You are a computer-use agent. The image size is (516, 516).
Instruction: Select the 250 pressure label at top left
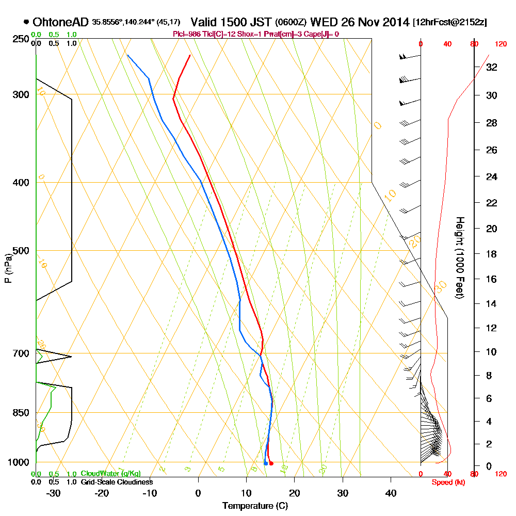pyautogui.click(x=21, y=39)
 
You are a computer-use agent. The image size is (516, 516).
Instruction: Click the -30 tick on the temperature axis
pyautogui.click(x=54, y=493)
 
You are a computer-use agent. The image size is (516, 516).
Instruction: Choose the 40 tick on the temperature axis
pyautogui.click(x=391, y=493)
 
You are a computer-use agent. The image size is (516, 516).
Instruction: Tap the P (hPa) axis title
pyautogui.click(x=8, y=268)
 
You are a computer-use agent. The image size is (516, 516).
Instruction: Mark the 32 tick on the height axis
pyautogui.click(x=492, y=67)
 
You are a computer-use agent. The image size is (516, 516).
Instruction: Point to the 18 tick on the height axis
pyautogui.click(x=492, y=254)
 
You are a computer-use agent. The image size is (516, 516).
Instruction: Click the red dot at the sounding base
pyautogui.click(x=271, y=463)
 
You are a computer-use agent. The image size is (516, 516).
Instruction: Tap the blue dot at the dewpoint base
pyautogui.click(x=265, y=463)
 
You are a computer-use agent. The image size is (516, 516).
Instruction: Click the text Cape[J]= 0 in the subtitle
pyautogui.click(x=321, y=34)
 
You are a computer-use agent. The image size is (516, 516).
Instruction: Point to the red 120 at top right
pyautogui.click(x=501, y=44)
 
